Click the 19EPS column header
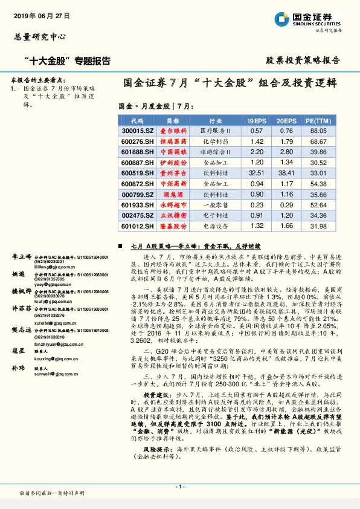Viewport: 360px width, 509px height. click(x=256, y=120)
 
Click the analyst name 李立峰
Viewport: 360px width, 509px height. click(x=21, y=258)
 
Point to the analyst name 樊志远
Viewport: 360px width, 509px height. click(x=21, y=330)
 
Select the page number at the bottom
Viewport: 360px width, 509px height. click(x=179, y=487)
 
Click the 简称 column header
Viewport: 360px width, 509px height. click(x=173, y=120)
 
